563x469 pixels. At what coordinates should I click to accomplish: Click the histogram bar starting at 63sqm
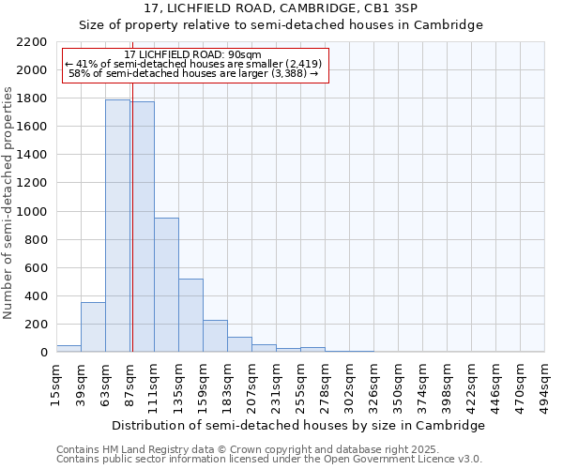(x=117, y=225)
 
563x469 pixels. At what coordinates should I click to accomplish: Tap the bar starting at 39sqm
(x=93, y=326)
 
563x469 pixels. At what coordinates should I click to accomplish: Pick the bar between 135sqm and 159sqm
(x=190, y=315)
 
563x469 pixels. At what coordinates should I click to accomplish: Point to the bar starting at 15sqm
(x=68, y=348)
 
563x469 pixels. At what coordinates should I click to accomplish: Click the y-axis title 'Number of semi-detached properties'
(x=9, y=203)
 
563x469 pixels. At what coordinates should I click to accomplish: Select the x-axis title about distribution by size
(x=297, y=425)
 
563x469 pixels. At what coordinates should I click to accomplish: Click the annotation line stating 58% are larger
(x=195, y=74)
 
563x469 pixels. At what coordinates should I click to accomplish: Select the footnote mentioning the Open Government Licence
(x=269, y=459)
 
